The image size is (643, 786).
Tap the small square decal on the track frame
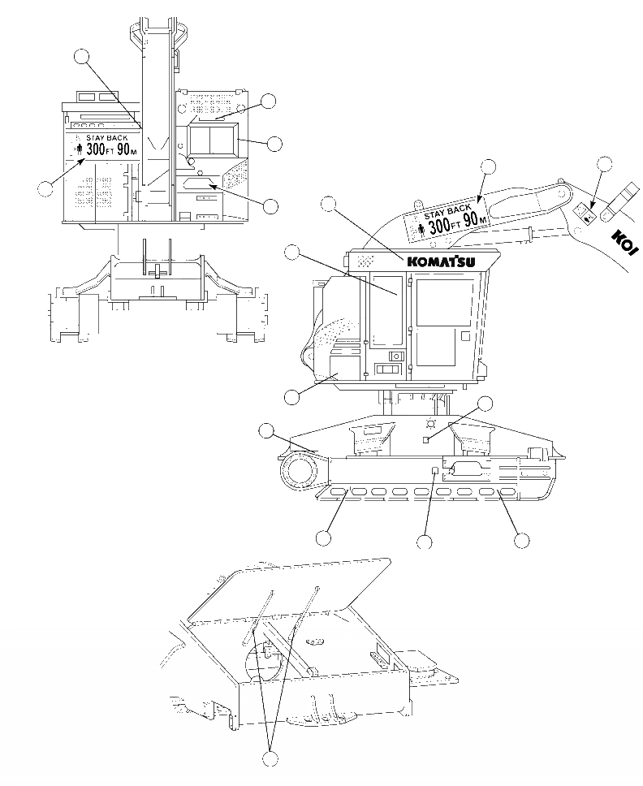coord(436,471)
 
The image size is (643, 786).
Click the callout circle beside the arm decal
coord(604,165)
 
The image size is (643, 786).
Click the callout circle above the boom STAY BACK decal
coord(487,167)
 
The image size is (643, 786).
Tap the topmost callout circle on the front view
coord(81,56)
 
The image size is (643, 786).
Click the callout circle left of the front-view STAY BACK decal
coord(46,189)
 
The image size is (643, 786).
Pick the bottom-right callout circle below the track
coord(521,539)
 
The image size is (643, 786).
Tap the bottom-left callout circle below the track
coord(323,538)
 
